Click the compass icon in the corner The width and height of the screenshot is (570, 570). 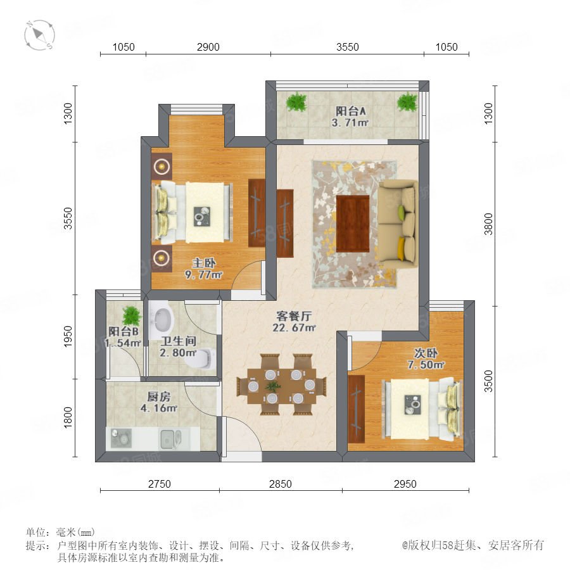[40, 35]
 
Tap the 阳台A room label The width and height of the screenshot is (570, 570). [350, 111]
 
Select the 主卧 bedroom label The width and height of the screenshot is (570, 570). [204, 263]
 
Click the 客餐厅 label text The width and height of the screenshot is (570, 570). [294, 316]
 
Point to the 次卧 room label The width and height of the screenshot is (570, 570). [426, 353]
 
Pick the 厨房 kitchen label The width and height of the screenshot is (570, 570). [158, 396]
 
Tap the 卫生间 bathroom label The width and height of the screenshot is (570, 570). [179, 341]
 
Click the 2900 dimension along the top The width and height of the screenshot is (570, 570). [208, 47]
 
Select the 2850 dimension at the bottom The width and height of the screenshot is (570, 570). [281, 484]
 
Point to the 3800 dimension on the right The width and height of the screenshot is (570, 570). [488, 224]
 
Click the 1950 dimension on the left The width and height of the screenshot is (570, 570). [68, 336]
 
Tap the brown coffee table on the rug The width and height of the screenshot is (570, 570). [353, 224]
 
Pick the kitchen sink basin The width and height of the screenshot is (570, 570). [170, 438]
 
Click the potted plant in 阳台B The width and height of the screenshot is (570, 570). [131, 316]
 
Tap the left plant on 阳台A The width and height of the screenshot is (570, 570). [296, 102]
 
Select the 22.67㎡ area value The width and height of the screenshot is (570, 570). [294, 327]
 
